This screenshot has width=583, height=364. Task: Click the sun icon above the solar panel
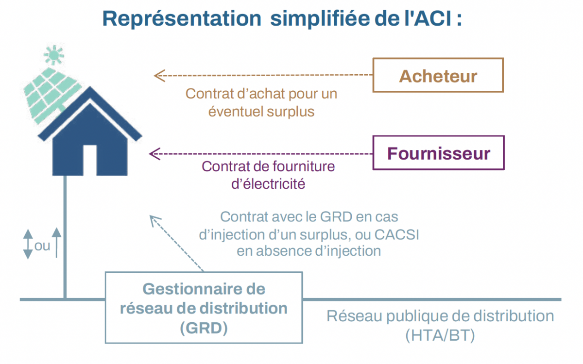tap(54, 55)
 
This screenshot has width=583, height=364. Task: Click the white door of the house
tap(90, 160)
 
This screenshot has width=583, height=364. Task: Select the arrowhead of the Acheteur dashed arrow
tap(159, 76)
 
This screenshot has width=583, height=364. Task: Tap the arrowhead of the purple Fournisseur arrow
tap(154, 154)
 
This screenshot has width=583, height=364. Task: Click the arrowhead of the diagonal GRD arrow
tap(155, 221)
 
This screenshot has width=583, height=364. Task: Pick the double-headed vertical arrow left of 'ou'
tap(28, 244)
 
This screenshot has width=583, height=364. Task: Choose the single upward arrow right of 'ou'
tap(56, 243)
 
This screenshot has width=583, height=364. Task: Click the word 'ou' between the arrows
tap(42, 246)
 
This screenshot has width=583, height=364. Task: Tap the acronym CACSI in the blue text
tap(396, 234)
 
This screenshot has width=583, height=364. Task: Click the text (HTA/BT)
tap(440, 335)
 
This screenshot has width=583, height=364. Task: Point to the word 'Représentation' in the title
tap(182, 19)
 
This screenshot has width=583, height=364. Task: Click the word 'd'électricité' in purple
tap(268, 184)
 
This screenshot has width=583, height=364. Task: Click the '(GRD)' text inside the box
tap(204, 328)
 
